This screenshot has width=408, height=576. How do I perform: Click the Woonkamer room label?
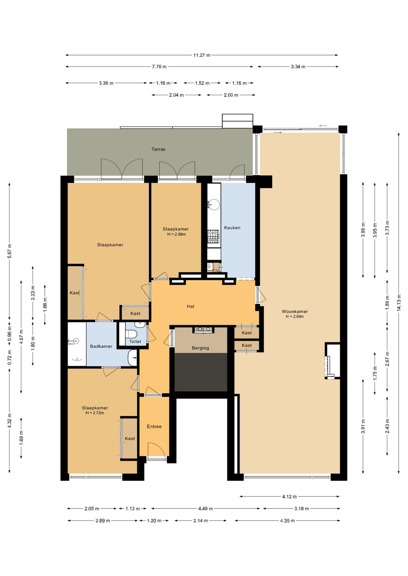[295, 311]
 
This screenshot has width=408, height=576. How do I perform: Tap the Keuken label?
[232, 228]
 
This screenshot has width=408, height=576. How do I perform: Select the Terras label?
[158, 149]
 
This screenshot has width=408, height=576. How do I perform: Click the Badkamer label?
[101, 347]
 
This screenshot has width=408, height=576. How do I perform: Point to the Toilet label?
[135, 342]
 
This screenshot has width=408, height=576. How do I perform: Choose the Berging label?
[200, 348]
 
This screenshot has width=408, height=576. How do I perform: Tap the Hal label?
[190, 306]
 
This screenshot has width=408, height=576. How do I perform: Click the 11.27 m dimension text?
[202, 55]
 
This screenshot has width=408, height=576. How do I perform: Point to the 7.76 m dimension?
[159, 66]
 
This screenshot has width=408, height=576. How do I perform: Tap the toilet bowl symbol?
[131, 334]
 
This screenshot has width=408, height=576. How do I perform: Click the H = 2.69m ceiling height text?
[295, 317]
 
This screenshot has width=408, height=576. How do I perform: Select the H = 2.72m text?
[95, 413]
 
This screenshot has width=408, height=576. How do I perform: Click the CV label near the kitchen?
[216, 271]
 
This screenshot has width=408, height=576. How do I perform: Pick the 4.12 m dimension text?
[289, 496]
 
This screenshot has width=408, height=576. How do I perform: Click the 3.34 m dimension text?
[298, 66]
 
